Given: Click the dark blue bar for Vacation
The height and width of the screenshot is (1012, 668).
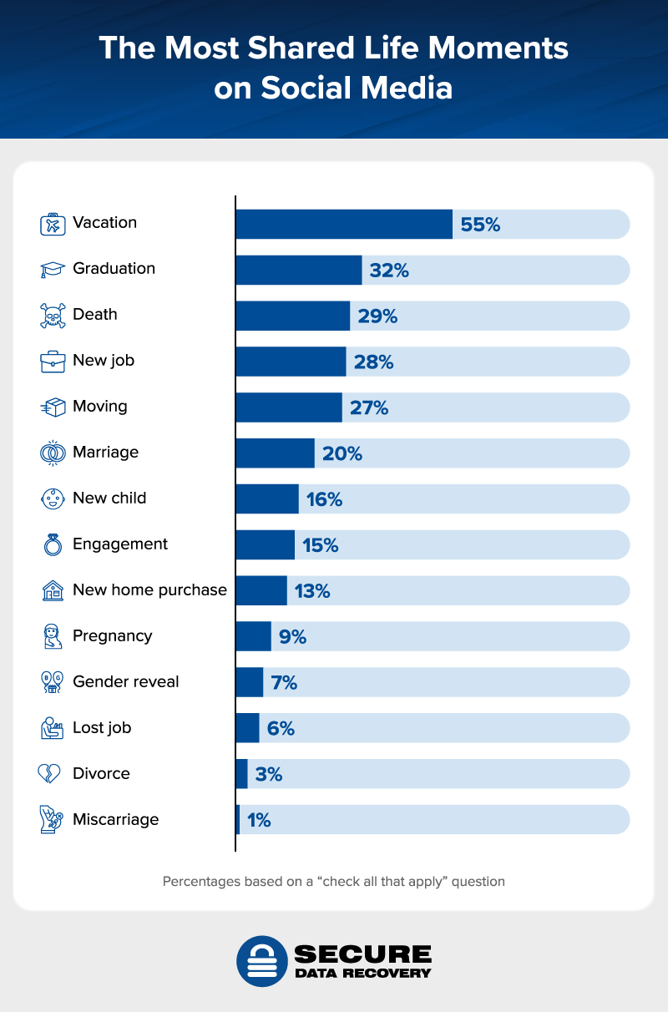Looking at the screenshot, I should (344, 224).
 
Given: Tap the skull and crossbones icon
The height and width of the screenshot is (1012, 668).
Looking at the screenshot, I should (53, 316).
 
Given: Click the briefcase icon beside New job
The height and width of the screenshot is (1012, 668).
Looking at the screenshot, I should (53, 362).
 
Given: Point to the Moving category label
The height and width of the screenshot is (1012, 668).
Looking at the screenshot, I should (100, 407).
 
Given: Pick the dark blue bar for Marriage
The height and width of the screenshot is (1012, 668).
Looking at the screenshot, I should (275, 453).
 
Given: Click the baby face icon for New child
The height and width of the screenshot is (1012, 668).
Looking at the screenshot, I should (53, 499).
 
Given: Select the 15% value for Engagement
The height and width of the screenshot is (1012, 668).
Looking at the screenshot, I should (320, 545).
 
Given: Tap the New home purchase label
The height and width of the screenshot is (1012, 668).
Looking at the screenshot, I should (149, 590).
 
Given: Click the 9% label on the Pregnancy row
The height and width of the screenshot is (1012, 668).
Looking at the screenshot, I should (293, 637).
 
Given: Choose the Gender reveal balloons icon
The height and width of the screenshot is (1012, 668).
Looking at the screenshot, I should (53, 683).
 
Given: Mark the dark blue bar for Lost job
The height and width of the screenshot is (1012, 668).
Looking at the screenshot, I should (247, 729).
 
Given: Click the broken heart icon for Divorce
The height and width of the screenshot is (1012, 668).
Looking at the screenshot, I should (50, 775).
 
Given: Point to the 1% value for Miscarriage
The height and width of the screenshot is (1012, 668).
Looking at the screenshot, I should (259, 821).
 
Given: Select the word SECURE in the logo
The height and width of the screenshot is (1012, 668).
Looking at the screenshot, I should (362, 954).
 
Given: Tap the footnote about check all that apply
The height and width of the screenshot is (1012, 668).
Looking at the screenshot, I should (333, 881).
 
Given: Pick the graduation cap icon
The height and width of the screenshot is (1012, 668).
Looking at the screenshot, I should (53, 270).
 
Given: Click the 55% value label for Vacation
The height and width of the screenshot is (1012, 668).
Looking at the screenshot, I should (480, 225).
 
